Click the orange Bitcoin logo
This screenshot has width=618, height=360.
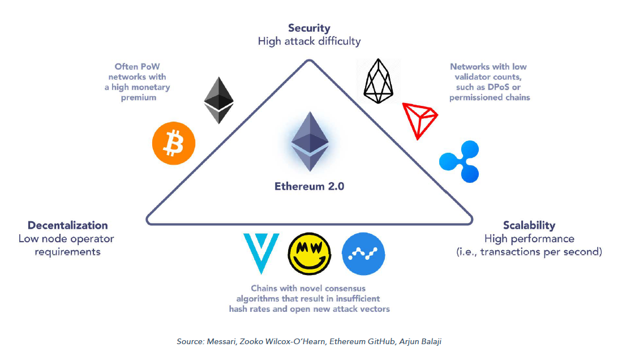tap(174, 143)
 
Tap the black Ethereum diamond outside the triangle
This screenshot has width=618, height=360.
tap(218, 100)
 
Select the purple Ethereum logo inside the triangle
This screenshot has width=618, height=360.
tap(309, 142)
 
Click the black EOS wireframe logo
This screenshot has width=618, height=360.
tap(378, 81)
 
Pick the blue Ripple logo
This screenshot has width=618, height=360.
tap(458, 162)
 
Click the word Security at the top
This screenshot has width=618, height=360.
tap(309, 28)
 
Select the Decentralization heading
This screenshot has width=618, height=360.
tap(67, 225)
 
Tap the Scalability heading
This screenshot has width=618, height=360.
tap(529, 225)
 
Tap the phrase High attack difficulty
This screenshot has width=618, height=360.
tap(309, 41)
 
